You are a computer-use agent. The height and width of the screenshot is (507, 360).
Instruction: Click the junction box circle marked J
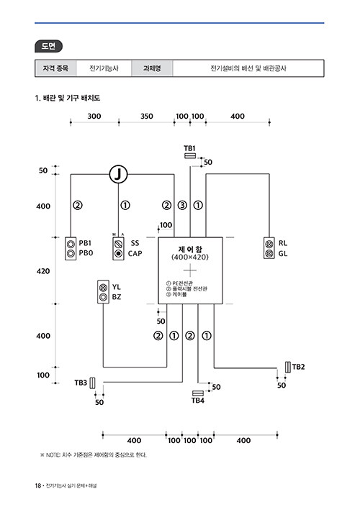pos(118,175)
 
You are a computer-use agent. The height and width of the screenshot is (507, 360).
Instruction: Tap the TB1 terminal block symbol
pos(190,156)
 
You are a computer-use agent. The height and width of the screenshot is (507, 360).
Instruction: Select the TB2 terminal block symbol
pos(288,367)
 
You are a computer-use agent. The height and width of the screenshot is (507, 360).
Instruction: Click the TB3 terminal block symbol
pos(92,383)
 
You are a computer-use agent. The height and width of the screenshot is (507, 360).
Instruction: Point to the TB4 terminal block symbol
pos(198,393)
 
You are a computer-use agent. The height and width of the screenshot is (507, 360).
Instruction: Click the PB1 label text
pos(85,243)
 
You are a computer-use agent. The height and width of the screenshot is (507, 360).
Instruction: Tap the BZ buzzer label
pos(117,297)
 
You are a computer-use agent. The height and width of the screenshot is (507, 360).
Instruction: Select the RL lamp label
pos(283,243)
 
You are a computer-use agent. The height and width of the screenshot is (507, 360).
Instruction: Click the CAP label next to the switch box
pos(135,254)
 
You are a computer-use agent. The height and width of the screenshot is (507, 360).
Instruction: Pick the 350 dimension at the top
pos(147,117)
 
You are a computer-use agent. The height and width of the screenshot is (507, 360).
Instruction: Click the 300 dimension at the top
pos(94,117)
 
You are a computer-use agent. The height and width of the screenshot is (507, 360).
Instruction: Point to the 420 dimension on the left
pos(43,271)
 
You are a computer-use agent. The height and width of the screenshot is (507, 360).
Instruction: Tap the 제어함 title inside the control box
pos(190,250)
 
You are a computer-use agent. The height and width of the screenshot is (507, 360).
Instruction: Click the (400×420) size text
pos(190,257)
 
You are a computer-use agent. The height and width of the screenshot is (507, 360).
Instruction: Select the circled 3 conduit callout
pos(182,206)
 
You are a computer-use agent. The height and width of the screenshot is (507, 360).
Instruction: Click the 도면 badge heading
pos(48,46)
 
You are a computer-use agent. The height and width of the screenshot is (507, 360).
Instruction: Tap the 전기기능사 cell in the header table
pos(104,68)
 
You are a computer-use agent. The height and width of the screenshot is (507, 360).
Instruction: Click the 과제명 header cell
pos(152,68)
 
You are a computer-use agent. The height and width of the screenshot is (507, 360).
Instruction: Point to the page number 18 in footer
pos(38,485)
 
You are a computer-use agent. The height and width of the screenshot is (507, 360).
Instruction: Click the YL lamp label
pos(117,287)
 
